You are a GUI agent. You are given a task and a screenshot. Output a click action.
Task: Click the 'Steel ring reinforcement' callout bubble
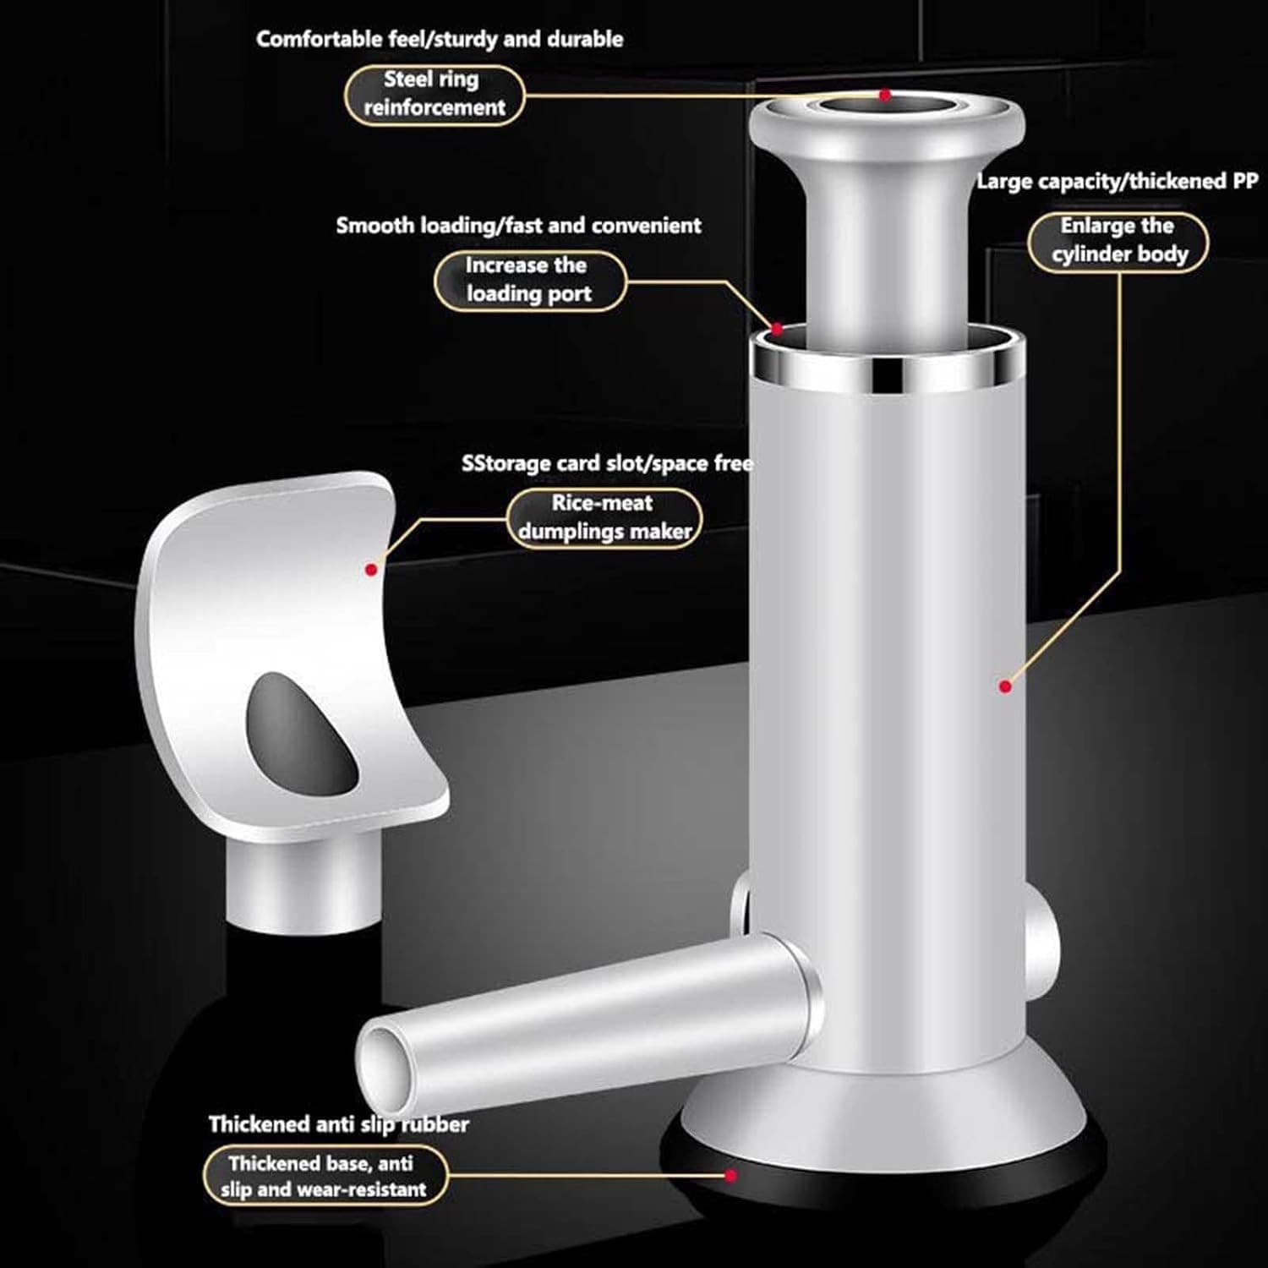434,94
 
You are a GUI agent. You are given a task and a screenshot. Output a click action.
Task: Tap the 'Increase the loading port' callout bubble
529,280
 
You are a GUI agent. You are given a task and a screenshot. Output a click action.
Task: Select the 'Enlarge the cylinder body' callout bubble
1118,241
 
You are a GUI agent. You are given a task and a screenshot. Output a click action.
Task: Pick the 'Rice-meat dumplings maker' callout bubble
604,517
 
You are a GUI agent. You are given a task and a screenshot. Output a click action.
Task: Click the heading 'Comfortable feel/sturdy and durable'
440,39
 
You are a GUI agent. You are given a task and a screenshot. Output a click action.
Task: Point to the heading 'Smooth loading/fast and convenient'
518,226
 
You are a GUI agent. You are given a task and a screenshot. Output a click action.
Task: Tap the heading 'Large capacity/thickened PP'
1117,181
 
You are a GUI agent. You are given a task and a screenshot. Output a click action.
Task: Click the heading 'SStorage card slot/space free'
607,463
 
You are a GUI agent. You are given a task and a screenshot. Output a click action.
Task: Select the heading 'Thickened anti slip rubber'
338,1123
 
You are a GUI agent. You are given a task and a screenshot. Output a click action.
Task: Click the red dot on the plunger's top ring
885,96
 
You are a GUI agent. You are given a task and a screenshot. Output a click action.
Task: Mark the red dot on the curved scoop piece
370,570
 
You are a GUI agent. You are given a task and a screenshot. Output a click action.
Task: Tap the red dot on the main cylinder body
1004,686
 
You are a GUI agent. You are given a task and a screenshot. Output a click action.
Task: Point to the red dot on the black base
731,1175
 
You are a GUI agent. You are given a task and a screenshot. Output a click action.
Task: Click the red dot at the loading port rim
777,328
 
